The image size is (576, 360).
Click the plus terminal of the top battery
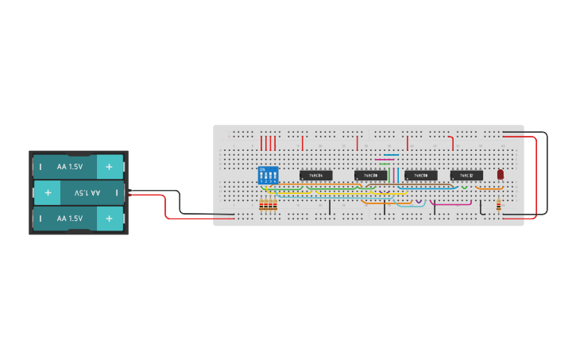point(110,167)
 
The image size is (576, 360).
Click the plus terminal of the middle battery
point(48,192)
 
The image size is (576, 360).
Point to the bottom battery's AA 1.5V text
point(70,218)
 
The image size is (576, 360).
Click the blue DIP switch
point(269,175)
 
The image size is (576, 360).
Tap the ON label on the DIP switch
point(262,168)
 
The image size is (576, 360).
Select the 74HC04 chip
point(315,175)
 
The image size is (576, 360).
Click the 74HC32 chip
point(466,175)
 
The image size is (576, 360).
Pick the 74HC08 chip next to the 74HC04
point(370,175)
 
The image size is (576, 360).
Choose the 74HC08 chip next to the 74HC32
point(420,175)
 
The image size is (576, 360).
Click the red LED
point(501,174)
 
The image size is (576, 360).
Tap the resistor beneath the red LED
point(499,207)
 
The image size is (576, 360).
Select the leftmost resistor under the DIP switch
point(261,207)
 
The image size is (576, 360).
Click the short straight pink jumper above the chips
point(384,159)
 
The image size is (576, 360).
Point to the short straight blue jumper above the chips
point(391,155)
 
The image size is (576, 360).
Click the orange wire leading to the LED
point(491,189)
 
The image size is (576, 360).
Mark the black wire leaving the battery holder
point(180,203)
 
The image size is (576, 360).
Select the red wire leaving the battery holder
point(165,208)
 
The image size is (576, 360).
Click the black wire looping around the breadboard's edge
point(547,175)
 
